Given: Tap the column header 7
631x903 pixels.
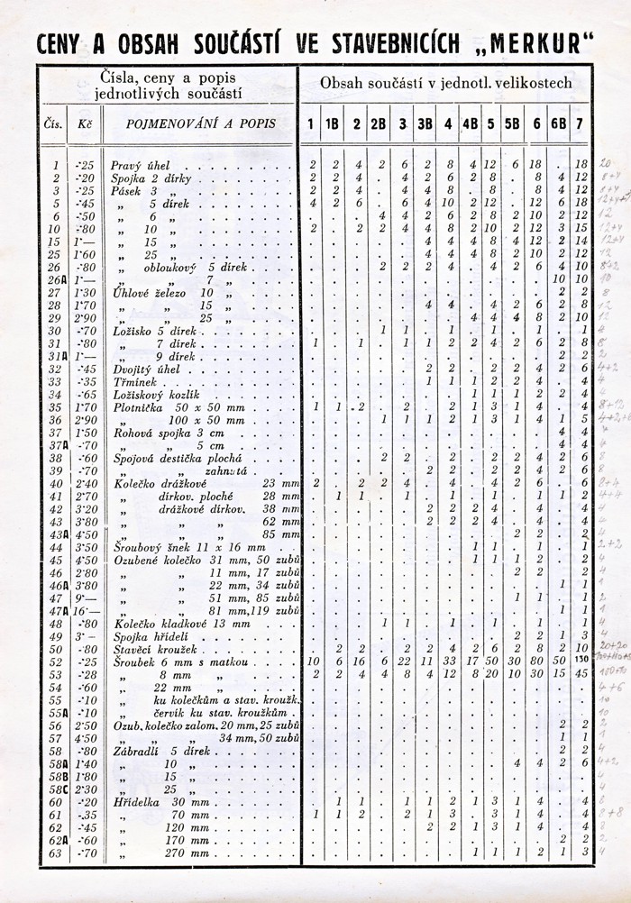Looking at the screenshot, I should tap(581, 123).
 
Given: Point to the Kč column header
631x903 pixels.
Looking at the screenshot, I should tap(86, 123).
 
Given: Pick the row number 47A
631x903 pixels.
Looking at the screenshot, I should tap(57, 610).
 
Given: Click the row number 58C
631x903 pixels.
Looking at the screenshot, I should tap(58, 789).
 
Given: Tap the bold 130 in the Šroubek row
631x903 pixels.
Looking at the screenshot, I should tap(581, 661).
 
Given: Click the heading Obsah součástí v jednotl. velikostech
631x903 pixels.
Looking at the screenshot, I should tap(446, 83).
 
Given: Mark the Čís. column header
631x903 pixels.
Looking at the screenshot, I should tap(53, 123).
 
